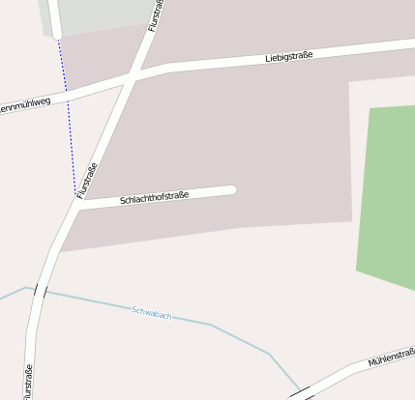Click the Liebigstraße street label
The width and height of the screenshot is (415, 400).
288,58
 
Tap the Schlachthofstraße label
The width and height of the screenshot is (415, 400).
154,197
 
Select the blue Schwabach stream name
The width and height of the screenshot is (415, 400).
152,313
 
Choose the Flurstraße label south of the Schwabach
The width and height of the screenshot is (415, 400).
28,381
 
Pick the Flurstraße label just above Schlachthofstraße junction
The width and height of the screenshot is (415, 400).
87,181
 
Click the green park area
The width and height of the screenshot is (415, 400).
387,193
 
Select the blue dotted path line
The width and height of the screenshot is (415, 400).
68,116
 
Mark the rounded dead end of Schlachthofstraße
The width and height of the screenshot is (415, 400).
231,189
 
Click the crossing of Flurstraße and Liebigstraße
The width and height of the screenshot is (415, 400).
130,77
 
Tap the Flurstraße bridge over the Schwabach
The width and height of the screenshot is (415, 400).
40,290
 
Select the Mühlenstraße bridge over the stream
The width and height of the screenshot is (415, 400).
301,392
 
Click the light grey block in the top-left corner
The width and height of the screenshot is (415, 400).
97,14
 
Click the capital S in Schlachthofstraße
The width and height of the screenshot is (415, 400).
123,201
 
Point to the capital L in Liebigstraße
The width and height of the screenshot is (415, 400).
267,61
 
